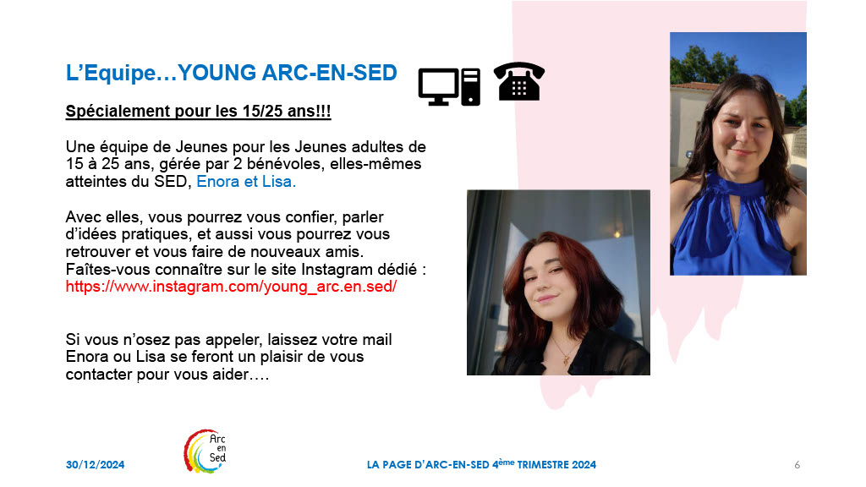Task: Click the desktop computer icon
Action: pyautogui.click(x=449, y=87)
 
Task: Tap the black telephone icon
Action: pyautogui.click(x=519, y=81)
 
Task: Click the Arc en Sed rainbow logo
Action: pyautogui.click(x=206, y=451)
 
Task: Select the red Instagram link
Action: pyautogui.click(x=231, y=287)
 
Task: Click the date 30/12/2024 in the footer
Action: pyautogui.click(x=95, y=465)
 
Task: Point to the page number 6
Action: pyautogui.click(x=797, y=465)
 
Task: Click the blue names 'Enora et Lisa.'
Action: pyautogui.click(x=246, y=182)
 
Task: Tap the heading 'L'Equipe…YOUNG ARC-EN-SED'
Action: pyautogui.click(x=232, y=73)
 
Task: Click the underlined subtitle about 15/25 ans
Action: pyautogui.click(x=198, y=111)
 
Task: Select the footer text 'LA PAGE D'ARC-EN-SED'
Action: pyautogui.click(x=428, y=465)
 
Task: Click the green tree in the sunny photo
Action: pyautogui.click(x=701, y=64)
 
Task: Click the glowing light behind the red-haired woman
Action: pyautogui.click(x=617, y=234)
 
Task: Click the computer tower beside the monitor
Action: pyautogui.click(x=470, y=87)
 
